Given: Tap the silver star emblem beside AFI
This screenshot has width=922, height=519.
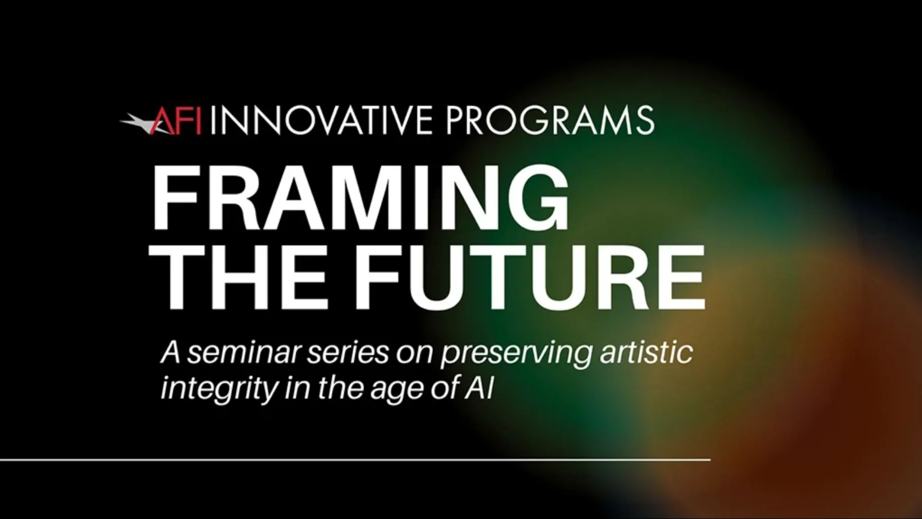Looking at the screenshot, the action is (136, 121).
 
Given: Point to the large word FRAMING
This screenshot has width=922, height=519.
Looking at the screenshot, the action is (361, 198).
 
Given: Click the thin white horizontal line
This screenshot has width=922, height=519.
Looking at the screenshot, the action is (355, 460).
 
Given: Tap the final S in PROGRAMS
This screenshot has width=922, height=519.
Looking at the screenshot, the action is (643, 121).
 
